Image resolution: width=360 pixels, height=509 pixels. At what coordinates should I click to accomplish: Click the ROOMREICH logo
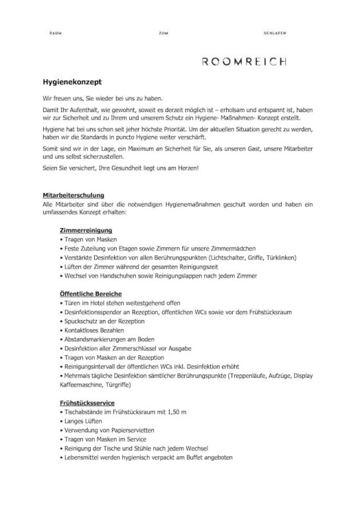coord(244,62)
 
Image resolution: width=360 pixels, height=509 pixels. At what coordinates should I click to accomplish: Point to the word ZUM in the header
coord(163,32)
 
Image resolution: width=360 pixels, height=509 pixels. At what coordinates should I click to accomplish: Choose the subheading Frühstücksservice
coord(87,402)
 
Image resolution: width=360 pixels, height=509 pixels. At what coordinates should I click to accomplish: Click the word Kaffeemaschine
coord(82,384)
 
